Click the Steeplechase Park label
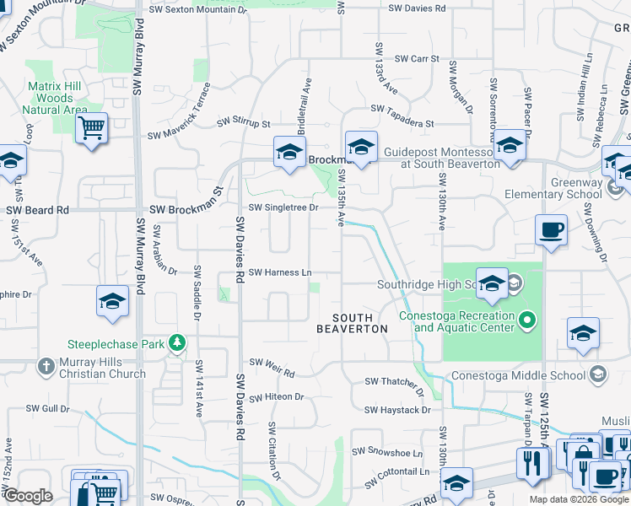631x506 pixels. pos(116,344)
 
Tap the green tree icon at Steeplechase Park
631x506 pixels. pos(177,342)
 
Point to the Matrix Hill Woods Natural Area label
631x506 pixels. pos(55,98)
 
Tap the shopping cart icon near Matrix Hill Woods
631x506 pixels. pos(91,129)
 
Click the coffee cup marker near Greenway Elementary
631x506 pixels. pos(551,229)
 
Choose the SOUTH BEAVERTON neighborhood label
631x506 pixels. pos(353,323)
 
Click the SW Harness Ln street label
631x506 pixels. pos(280,272)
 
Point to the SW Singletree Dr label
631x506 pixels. pos(283,207)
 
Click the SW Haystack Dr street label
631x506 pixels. pos(397,411)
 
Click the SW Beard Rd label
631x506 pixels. pos(38,210)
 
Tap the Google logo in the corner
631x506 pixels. pos(28,495)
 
